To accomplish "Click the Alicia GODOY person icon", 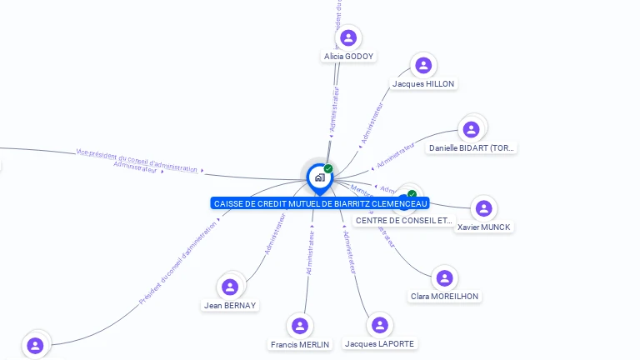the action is (x=348, y=37).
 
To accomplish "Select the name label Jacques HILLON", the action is (x=423, y=83).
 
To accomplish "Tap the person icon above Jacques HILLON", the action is (x=423, y=65).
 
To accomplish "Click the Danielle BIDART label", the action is (x=472, y=148).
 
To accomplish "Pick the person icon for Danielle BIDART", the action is (x=471, y=129).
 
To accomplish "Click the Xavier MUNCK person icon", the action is (x=483, y=208).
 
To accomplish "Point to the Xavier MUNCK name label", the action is (x=484, y=227).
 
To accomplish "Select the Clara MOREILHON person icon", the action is (x=444, y=277).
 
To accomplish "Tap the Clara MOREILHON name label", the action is (x=445, y=296).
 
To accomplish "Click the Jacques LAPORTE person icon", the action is (x=379, y=325).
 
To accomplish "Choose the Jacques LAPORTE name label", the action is (x=379, y=343).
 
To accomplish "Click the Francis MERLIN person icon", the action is (x=300, y=326).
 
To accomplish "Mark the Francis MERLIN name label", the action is (x=300, y=344).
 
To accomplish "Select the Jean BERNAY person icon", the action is (x=230, y=287).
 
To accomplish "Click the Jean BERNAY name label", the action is (x=230, y=305).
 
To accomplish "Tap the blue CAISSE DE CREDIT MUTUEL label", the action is (x=321, y=203).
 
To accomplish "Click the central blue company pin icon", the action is (x=319, y=177).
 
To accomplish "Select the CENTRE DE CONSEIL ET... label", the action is (x=405, y=221).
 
